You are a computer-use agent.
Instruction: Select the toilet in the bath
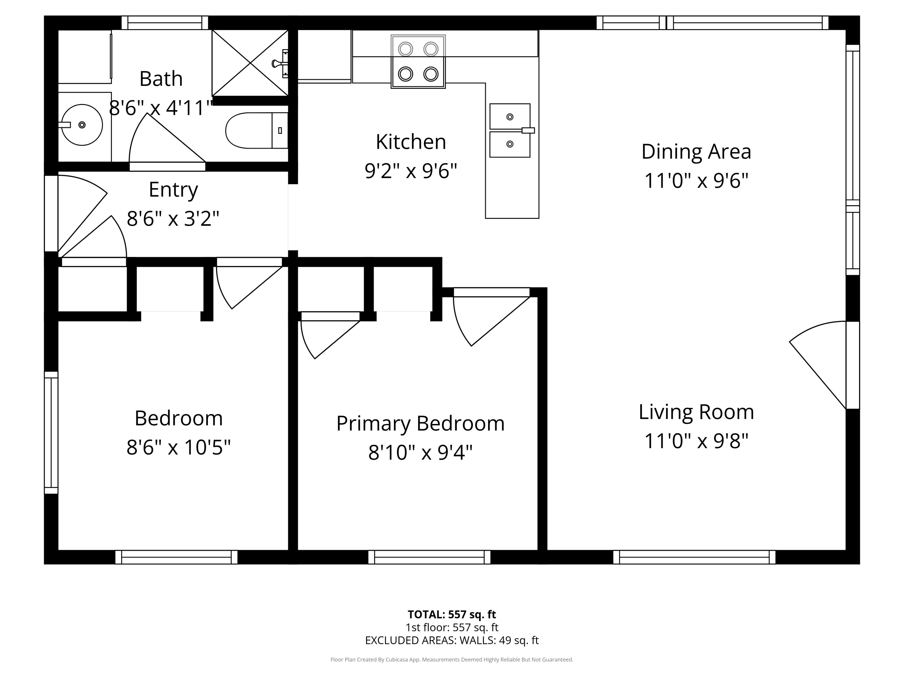257,130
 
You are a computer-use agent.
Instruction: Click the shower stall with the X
250,63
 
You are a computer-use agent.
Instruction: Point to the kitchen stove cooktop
418,62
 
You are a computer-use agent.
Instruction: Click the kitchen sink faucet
528,130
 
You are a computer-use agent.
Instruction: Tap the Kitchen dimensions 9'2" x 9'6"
411,171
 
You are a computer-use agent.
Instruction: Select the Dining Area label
696,152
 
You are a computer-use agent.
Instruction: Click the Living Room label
696,412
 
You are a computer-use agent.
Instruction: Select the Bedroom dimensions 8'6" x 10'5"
179,447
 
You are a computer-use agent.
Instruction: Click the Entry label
173,190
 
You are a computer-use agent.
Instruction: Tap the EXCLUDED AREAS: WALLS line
452,640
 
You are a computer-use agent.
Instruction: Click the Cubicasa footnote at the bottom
452,660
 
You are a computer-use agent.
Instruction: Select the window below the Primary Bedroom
429,557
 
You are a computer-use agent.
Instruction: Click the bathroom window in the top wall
165,23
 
